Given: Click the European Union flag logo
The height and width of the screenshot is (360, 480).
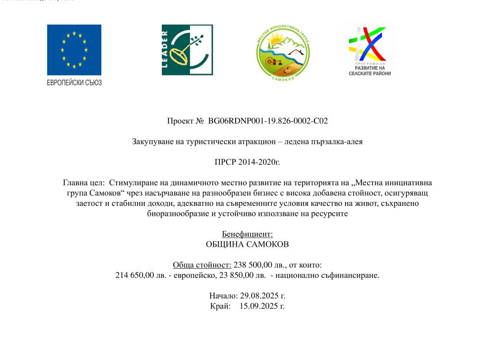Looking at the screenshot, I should pyautogui.click(x=74, y=50).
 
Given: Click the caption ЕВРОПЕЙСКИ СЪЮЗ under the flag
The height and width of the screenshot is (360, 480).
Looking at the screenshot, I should pyautogui.click(x=74, y=82).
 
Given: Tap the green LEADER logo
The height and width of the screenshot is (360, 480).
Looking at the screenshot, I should pyautogui.click(x=187, y=50).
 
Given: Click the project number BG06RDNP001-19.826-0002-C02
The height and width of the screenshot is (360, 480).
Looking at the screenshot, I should pyautogui.click(x=268, y=121).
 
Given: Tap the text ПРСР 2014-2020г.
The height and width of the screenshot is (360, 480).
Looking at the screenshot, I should pyautogui.click(x=247, y=162).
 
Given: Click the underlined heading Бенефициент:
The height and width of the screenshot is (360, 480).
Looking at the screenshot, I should pyautogui.click(x=247, y=234).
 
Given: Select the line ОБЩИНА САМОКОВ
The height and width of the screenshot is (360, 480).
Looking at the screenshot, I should pyautogui.click(x=247, y=244).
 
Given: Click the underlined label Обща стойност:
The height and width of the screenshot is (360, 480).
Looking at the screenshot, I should pyautogui.click(x=202, y=265).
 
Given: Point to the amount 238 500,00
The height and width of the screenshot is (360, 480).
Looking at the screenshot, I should pyautogui.click(x=254, y=265).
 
